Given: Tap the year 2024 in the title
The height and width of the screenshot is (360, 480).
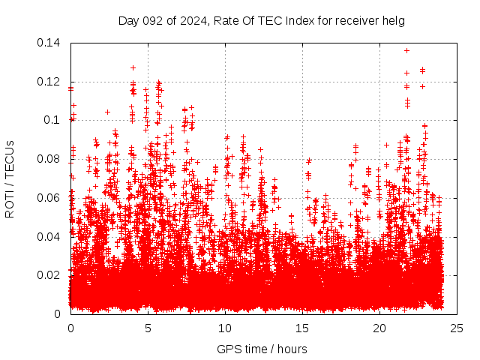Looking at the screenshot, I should [x=187, y=21].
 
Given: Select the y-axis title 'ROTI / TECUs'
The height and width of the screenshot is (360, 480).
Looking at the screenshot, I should [x=10, y=178].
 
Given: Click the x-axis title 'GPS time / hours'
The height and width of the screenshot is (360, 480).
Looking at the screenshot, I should [x=262, y=349].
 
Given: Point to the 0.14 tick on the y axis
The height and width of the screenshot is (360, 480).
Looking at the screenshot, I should [x=50, y=43].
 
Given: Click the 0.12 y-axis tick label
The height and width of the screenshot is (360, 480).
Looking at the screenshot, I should [x=50, y=82].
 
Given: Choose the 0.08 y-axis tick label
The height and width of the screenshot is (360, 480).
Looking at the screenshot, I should [x=50, y=159].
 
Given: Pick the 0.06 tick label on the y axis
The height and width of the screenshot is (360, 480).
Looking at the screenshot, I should [x=50, y=198].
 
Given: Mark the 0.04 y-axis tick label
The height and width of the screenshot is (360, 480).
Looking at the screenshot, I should [x=50, y=236].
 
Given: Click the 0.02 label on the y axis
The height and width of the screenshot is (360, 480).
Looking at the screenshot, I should [x=50, y=275].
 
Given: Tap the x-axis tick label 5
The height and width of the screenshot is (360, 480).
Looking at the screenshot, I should [x=148, y=328].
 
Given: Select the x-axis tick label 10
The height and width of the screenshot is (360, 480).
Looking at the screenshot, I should [x=225, y=328].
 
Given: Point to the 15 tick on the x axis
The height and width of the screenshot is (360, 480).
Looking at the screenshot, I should [x=302, y=328].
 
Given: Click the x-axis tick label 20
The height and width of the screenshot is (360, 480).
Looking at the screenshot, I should [x=379, y=328].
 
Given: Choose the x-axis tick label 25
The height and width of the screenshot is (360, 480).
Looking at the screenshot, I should [x=457, y=328].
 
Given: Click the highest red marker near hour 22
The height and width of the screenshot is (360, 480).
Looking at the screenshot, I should [x=406, y=50].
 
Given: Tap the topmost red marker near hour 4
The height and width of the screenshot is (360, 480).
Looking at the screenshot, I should [x=133, y=67].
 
